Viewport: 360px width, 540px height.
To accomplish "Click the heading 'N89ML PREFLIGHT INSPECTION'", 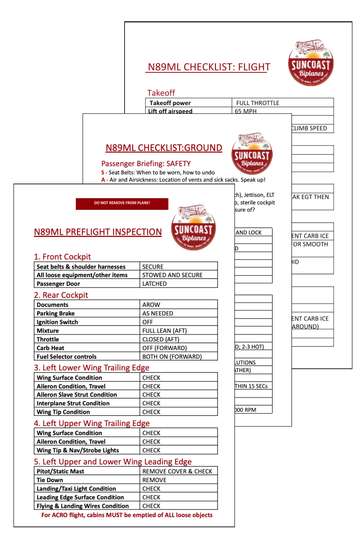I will click(x=98, y=232).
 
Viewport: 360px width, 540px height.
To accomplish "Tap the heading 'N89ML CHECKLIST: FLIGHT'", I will click(x=209, y=67).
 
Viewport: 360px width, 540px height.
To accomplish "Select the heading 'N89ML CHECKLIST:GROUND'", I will click(x=164, y=148).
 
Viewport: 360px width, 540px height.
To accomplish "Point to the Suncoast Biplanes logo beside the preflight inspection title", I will click(x=193, y=228).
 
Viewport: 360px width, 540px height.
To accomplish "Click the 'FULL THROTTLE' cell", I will click(x=258, y=103).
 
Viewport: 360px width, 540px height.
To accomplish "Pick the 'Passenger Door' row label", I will click(x=58, y=283).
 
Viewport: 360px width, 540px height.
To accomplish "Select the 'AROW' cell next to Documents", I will click(x=151, y=305).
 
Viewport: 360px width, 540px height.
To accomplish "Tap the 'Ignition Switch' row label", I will click(x=57, y=322).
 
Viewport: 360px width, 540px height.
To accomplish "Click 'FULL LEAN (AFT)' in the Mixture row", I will click(x=164, y=330).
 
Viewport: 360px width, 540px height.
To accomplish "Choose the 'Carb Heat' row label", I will click(x=51, y=348).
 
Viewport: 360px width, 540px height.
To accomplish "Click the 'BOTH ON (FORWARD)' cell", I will click(x=172, y=356).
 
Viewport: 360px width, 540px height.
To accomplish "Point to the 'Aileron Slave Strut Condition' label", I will click(x=77, y=394).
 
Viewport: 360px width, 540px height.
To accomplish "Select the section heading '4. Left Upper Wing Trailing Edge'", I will click(x=92, y=423).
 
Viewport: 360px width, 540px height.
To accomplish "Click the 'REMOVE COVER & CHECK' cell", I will click(x=177, y=471).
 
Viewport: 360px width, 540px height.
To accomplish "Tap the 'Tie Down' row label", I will click(x=50, y=480).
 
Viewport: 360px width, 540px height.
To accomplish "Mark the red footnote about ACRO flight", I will click(x=127, y=515).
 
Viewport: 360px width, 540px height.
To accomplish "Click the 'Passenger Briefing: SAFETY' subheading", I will click(x=146, y=164).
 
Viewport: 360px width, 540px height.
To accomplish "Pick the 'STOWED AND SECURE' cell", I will click(x=172, y=275).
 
